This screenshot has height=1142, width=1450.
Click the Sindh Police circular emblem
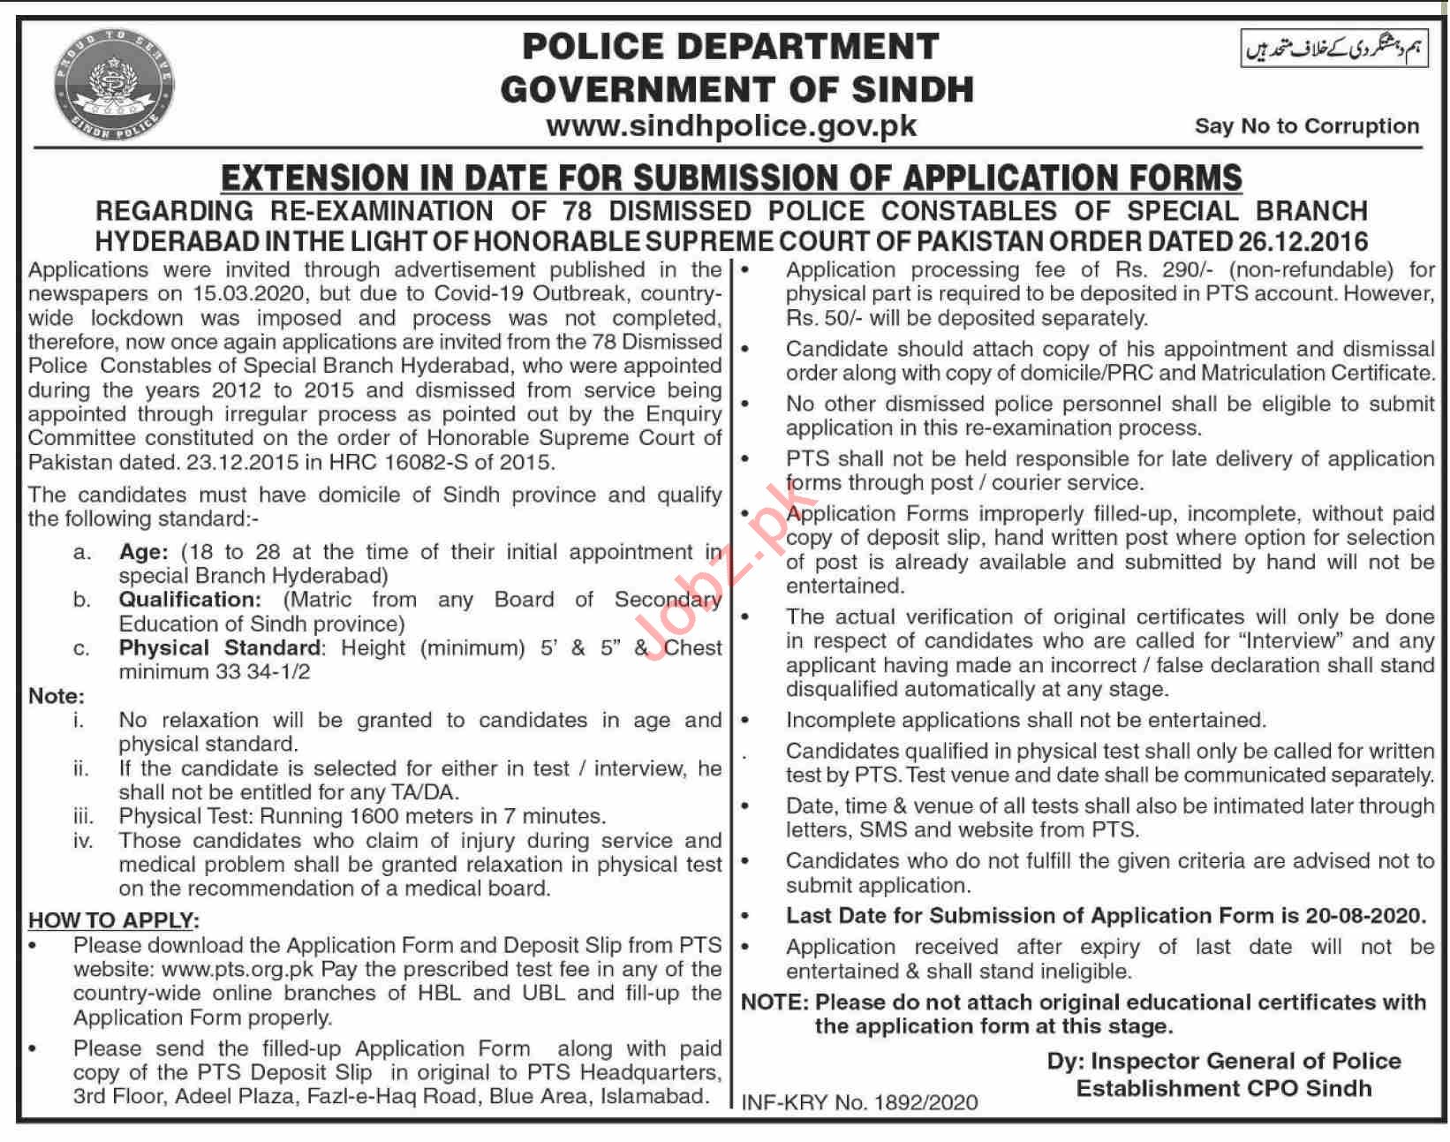pyautogui.click(x=113, y=86)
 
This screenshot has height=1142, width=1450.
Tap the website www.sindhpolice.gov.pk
pyautogui.click(x=731, y=126)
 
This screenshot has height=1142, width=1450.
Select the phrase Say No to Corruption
pyautogui.click(x=1306, y=126)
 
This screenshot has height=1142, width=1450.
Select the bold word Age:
pyautogui.click(x=143, y=553)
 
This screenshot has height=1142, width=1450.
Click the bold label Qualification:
pyautogui.click(x=190, y=601)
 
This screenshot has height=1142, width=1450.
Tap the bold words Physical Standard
pyautogui.click(x=222, y=648)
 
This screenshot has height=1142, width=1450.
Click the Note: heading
pyautogui.click(x=57, y=697)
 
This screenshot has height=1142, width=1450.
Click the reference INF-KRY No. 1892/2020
pyautogui.click(x=859, y=1102)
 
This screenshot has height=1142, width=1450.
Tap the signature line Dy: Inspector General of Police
pyautogui.click(x=1223, y=1062)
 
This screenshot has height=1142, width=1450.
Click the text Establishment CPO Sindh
pyautogui.click(x=1223, y=1088)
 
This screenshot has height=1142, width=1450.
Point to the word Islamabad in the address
pyautogui.click(x=653, y=1097)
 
